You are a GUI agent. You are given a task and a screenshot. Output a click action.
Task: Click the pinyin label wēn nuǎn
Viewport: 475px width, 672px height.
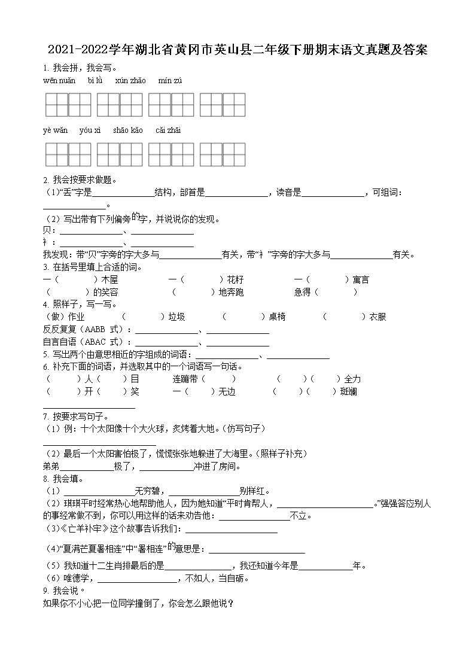59,81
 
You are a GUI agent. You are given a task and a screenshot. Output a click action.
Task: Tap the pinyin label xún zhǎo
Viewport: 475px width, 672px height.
130,81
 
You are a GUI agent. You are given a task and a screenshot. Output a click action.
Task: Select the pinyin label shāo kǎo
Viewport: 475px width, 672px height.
127,130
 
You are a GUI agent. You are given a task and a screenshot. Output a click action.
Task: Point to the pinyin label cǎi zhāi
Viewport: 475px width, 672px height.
168,130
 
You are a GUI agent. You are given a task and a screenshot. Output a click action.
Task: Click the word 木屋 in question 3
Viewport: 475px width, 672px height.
109,279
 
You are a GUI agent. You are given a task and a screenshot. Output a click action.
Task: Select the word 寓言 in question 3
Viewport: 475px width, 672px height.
361,279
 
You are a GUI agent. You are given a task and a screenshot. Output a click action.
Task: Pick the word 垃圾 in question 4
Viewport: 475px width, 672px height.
176,317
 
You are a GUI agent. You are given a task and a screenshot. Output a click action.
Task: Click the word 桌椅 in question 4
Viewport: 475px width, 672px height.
277,317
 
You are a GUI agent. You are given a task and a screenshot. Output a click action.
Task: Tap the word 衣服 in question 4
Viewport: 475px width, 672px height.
377,317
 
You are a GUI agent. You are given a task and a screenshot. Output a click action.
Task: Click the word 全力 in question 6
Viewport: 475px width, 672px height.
352,379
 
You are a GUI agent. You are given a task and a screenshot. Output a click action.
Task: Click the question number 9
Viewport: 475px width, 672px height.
45,591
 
